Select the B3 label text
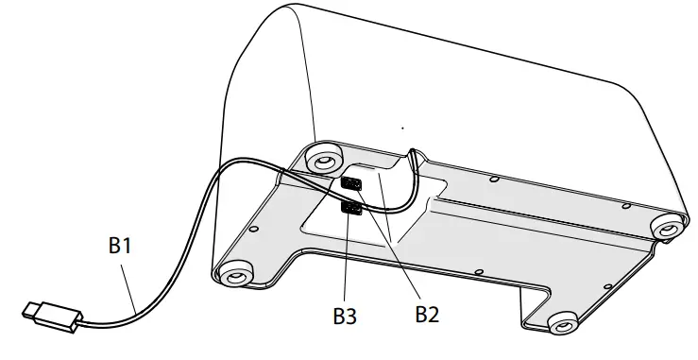click(x=346, y=314)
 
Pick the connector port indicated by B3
click(x=350, y=209)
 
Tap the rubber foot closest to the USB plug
click(x=232, y=276)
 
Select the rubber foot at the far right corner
click(x=665, y=228)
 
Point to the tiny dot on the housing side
click(x=402, y=127)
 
